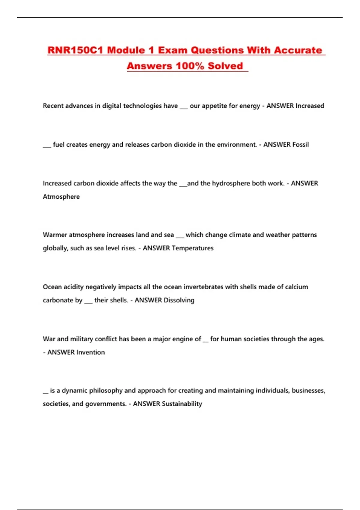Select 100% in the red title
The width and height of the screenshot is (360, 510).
(x=190, y=66)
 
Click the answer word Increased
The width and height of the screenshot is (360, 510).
(x=310, y=106)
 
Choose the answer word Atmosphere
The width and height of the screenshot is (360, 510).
(x=61, y=197)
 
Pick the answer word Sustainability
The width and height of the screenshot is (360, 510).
(x=182, y=404)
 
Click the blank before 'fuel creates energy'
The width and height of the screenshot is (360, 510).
(x=47, y=146)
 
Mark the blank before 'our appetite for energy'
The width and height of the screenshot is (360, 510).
(x=184, y=108)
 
